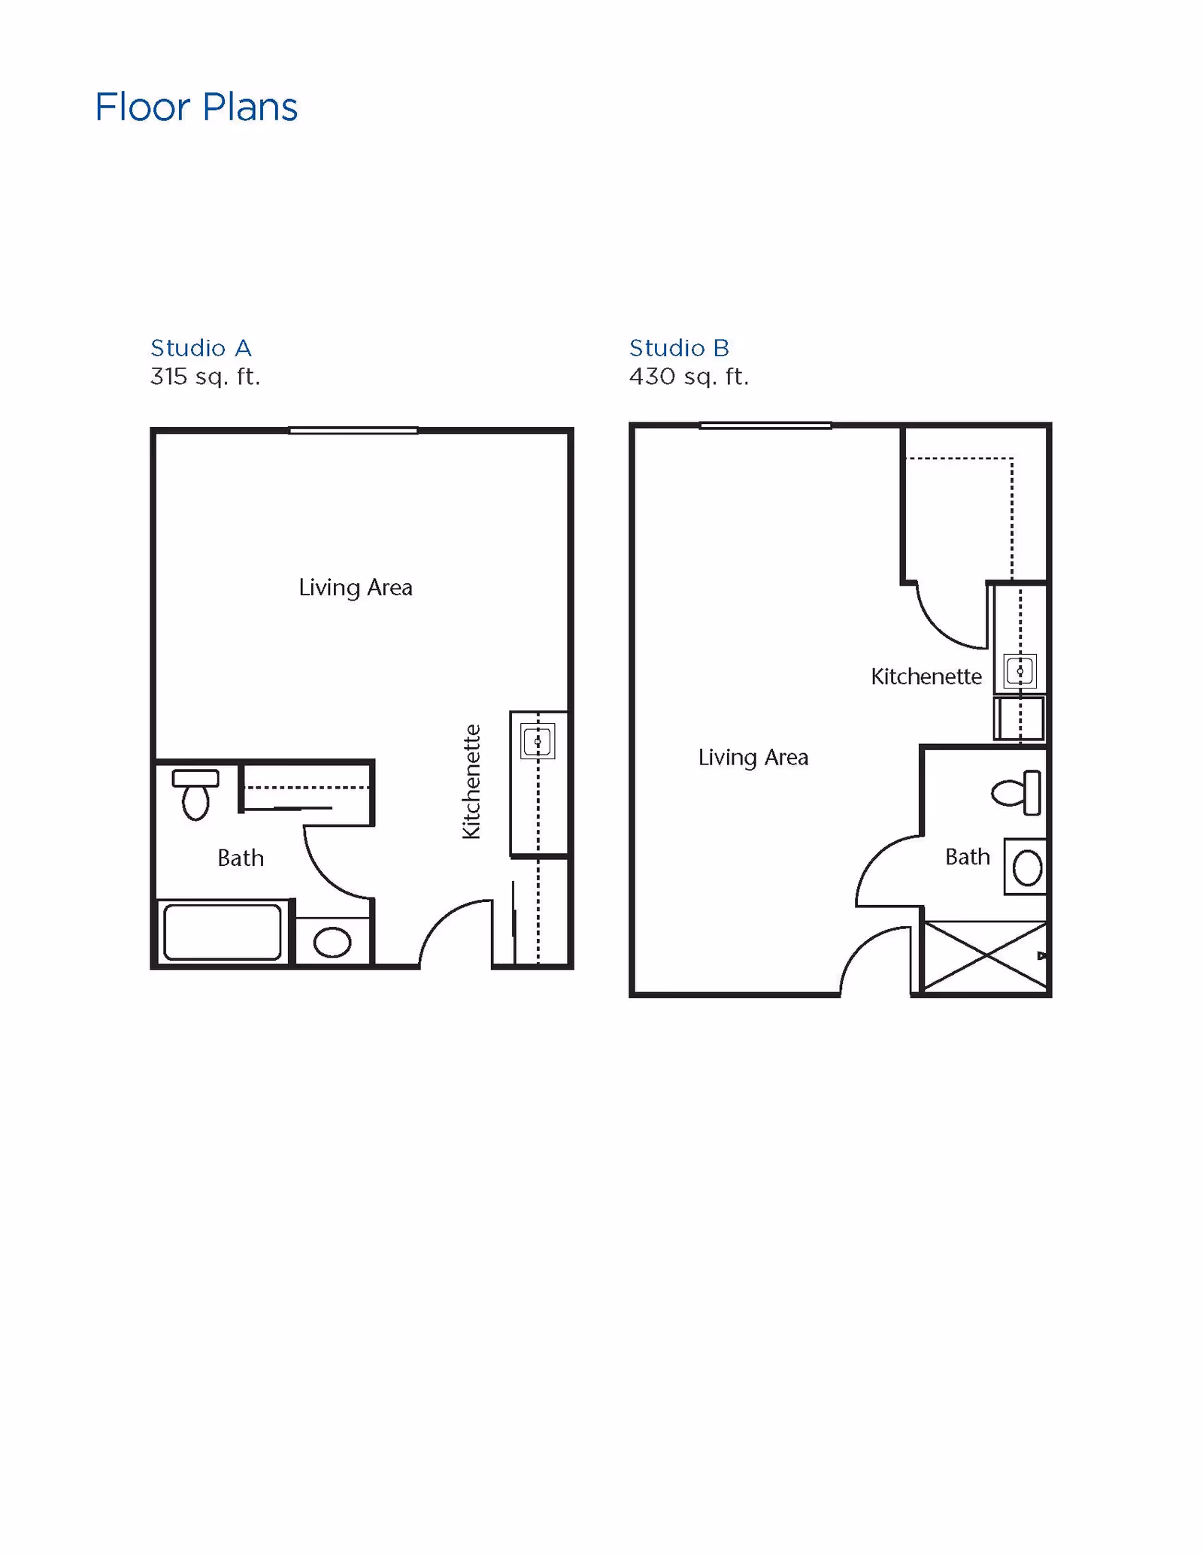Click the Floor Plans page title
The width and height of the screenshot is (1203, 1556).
tap(196, 107)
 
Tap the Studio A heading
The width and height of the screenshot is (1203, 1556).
tap(201, 348)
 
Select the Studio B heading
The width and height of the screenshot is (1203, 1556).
tap(679, 348)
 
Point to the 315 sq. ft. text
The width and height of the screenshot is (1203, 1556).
tap(205, 376)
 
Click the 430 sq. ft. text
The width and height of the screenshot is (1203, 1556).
tap(689, 376)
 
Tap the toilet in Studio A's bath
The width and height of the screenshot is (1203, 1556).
tap(195, 794)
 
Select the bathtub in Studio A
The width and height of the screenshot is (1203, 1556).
tap(222, 932)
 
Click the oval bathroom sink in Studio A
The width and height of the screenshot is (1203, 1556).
tap(332, 942)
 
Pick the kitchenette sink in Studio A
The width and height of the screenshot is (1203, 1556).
tap(538, 742)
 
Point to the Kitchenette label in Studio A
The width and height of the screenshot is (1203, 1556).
tap(471, 782)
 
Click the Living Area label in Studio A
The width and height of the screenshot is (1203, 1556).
tap(356, 587)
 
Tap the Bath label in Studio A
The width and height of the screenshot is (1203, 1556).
tap(241, 858)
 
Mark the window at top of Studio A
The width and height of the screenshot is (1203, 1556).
tap(353, 431)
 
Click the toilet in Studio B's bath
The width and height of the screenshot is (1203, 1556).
tap(1017, 792)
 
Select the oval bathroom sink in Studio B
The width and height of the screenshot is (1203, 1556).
tap(1027, 868)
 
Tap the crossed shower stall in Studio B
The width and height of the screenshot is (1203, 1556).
tap(984, 956)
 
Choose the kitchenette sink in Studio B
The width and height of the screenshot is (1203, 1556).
tap(1020, 671)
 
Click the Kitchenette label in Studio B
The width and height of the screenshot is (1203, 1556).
tap(926, 677)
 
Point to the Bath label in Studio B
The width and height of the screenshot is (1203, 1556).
tap(968, 857)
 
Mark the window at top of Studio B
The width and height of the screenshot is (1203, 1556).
tap(765, 425)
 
